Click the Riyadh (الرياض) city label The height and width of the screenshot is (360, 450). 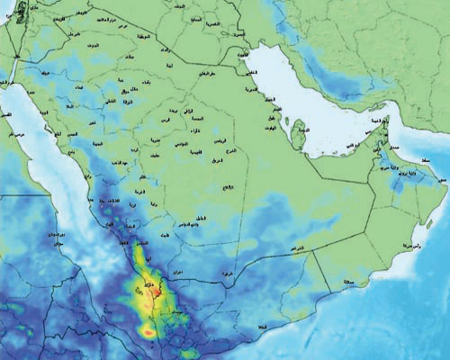tap(220, 141)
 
